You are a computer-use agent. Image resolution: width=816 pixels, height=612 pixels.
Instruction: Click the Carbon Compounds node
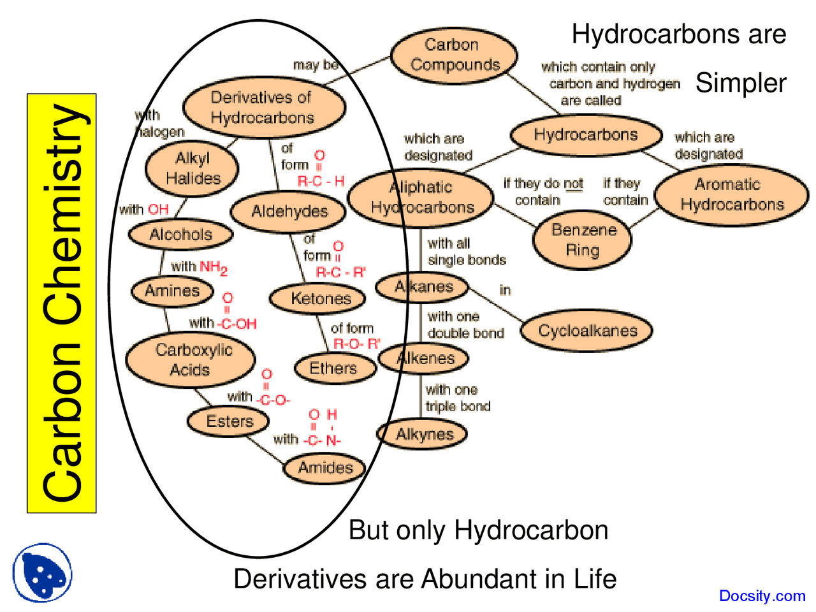pyautogui.click(x=453, y=55)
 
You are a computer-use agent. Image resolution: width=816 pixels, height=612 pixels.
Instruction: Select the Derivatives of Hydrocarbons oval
pyautogui.click(x=263, y=107)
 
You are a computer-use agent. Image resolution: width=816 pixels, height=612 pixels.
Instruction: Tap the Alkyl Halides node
pyautogui.click(x=192, y=169)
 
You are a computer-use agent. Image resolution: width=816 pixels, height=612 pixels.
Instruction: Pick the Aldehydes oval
pyautogui.click(x=289, y=211)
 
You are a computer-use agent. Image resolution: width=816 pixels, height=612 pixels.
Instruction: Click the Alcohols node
pyautogui.click(x=180, y=235)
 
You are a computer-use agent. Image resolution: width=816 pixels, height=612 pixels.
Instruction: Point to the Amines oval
pyautogui.click(x=172, y=291)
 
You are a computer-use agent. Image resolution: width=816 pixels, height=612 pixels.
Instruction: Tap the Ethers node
pyautogui.click(x=333, y=368)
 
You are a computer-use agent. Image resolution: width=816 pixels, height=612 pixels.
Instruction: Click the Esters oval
pyautogui.click(x=229, y=421)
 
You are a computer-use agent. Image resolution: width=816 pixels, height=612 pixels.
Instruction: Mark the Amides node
pyautogui.click(x=325, y=468)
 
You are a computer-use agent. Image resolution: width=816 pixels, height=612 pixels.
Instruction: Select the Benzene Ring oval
pyautogui.click(x=583, y=240)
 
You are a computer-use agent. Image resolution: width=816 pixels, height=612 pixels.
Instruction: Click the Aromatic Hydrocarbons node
pyautogui.click(x=731, y=194)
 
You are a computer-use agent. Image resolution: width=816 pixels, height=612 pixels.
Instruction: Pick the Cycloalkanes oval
pyautogui.click(x=587, y=331)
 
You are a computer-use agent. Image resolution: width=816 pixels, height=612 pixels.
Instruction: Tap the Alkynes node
pyautogui.click(x=423, y=435)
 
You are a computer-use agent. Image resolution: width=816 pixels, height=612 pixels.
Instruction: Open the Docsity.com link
pyautogui.click(x=762, y=596)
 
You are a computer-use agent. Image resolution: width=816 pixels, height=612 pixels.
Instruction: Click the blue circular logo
pyautogui.click(x=42, y=572)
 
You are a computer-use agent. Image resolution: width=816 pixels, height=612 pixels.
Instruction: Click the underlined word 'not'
pyautogui.click(x=573, y=184)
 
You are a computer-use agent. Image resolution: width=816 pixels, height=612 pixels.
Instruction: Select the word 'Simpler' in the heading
pyautogui.click(x=741, y=84)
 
